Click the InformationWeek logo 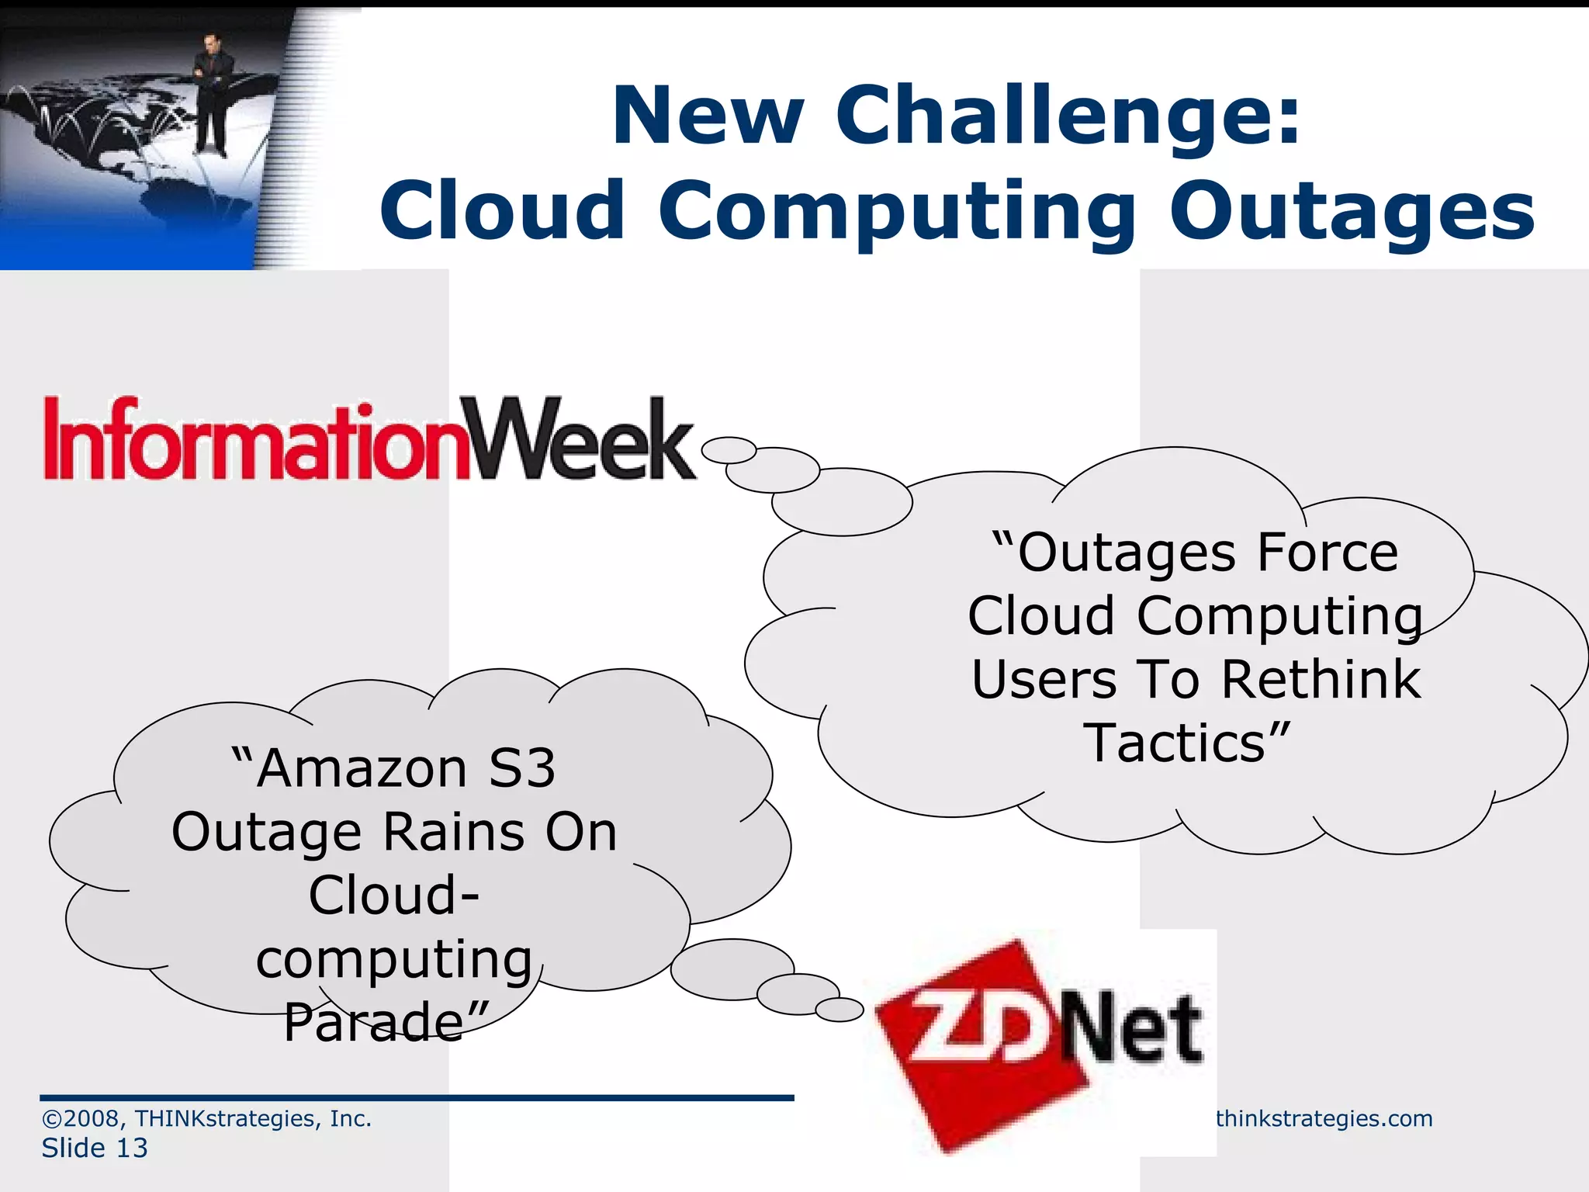(x=369, y=439)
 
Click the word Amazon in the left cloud (x=362, y=769)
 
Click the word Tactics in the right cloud (x=1175, y=743)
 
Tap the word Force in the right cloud (x=1328, y=553)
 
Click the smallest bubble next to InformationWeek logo (x=729, y=450)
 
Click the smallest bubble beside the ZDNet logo (x=840, y=1010)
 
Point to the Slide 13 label (x=95, y=1148)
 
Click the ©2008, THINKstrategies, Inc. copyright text (x=206, y=1118)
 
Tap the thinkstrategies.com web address (x=1324, y=1118)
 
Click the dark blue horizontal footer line (x=417, y=1097)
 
